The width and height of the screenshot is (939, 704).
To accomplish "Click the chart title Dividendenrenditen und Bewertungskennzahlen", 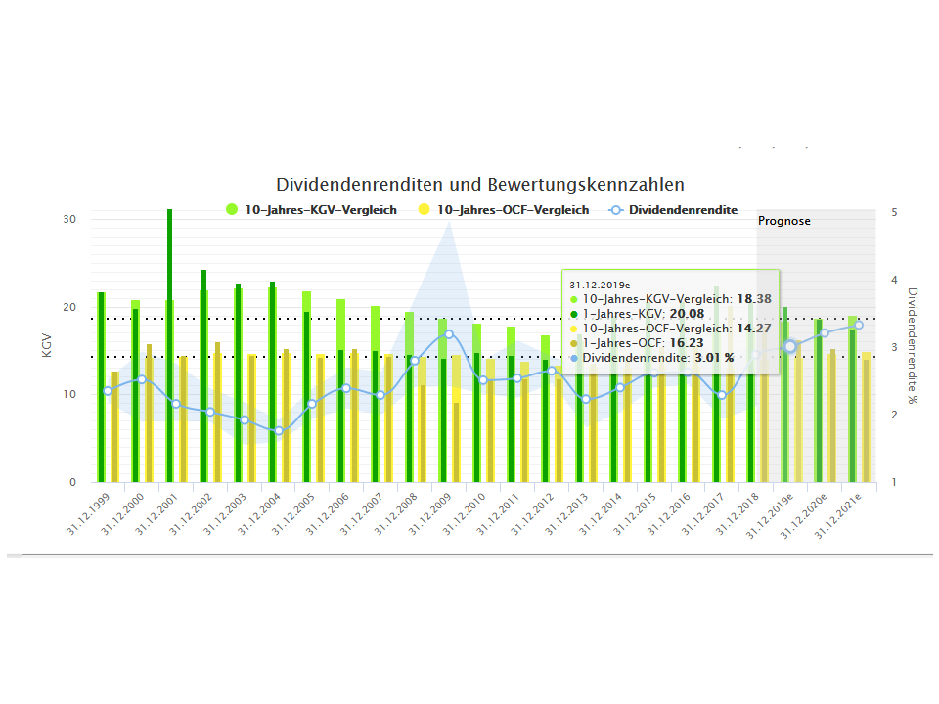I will pyautogui.click(x=480, y=184).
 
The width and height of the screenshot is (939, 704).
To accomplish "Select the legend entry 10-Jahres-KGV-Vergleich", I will pyautogui.click(x=319, y=210).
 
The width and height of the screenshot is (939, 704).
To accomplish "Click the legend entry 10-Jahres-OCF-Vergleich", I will pyautogui.click(x=513, y=210).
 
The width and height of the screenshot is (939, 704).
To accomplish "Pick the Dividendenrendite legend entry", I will pyautogui.click(x=683, y=210).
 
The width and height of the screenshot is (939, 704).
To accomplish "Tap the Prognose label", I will pyautogui.click(x=783, y=221).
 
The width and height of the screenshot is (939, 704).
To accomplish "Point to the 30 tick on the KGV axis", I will pyautogui.click(x=69, y=219).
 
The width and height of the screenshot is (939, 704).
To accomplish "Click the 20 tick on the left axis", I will pyautogui.click(x=69, y=307).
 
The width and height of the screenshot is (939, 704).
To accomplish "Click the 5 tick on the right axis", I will pyautogui.click(x=895, y=212).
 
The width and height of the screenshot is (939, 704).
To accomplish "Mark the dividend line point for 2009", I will pyautogui.click(x=449, y=334).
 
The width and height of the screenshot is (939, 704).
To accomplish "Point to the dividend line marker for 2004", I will pyautogui.click(x=278, y=430).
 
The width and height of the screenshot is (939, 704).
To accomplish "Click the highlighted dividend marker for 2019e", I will pyautogui.click(x=790, y=346).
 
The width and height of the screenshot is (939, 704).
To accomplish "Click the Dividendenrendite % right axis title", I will pyautogui.click(x=912, y=344).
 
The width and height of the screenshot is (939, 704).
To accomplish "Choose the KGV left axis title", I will pyautogui.click(x=46, y=346).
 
